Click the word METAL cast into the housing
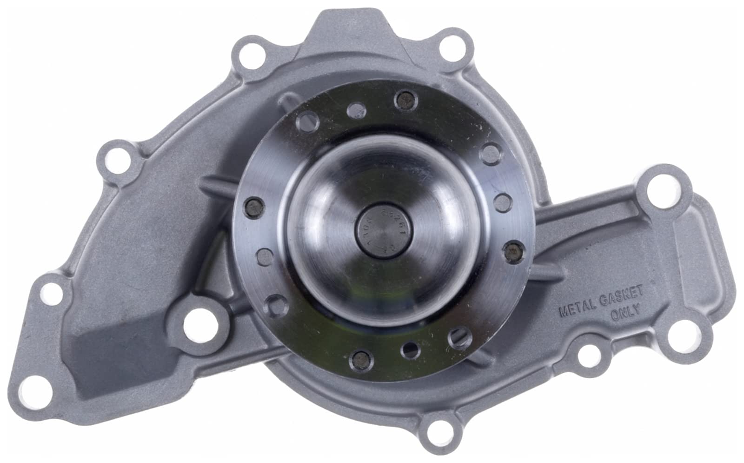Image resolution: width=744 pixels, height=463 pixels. pyautogui.click(x=578, y=308)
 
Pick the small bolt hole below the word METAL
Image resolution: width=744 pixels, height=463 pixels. pyautogui.click(x=589, y=354)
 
